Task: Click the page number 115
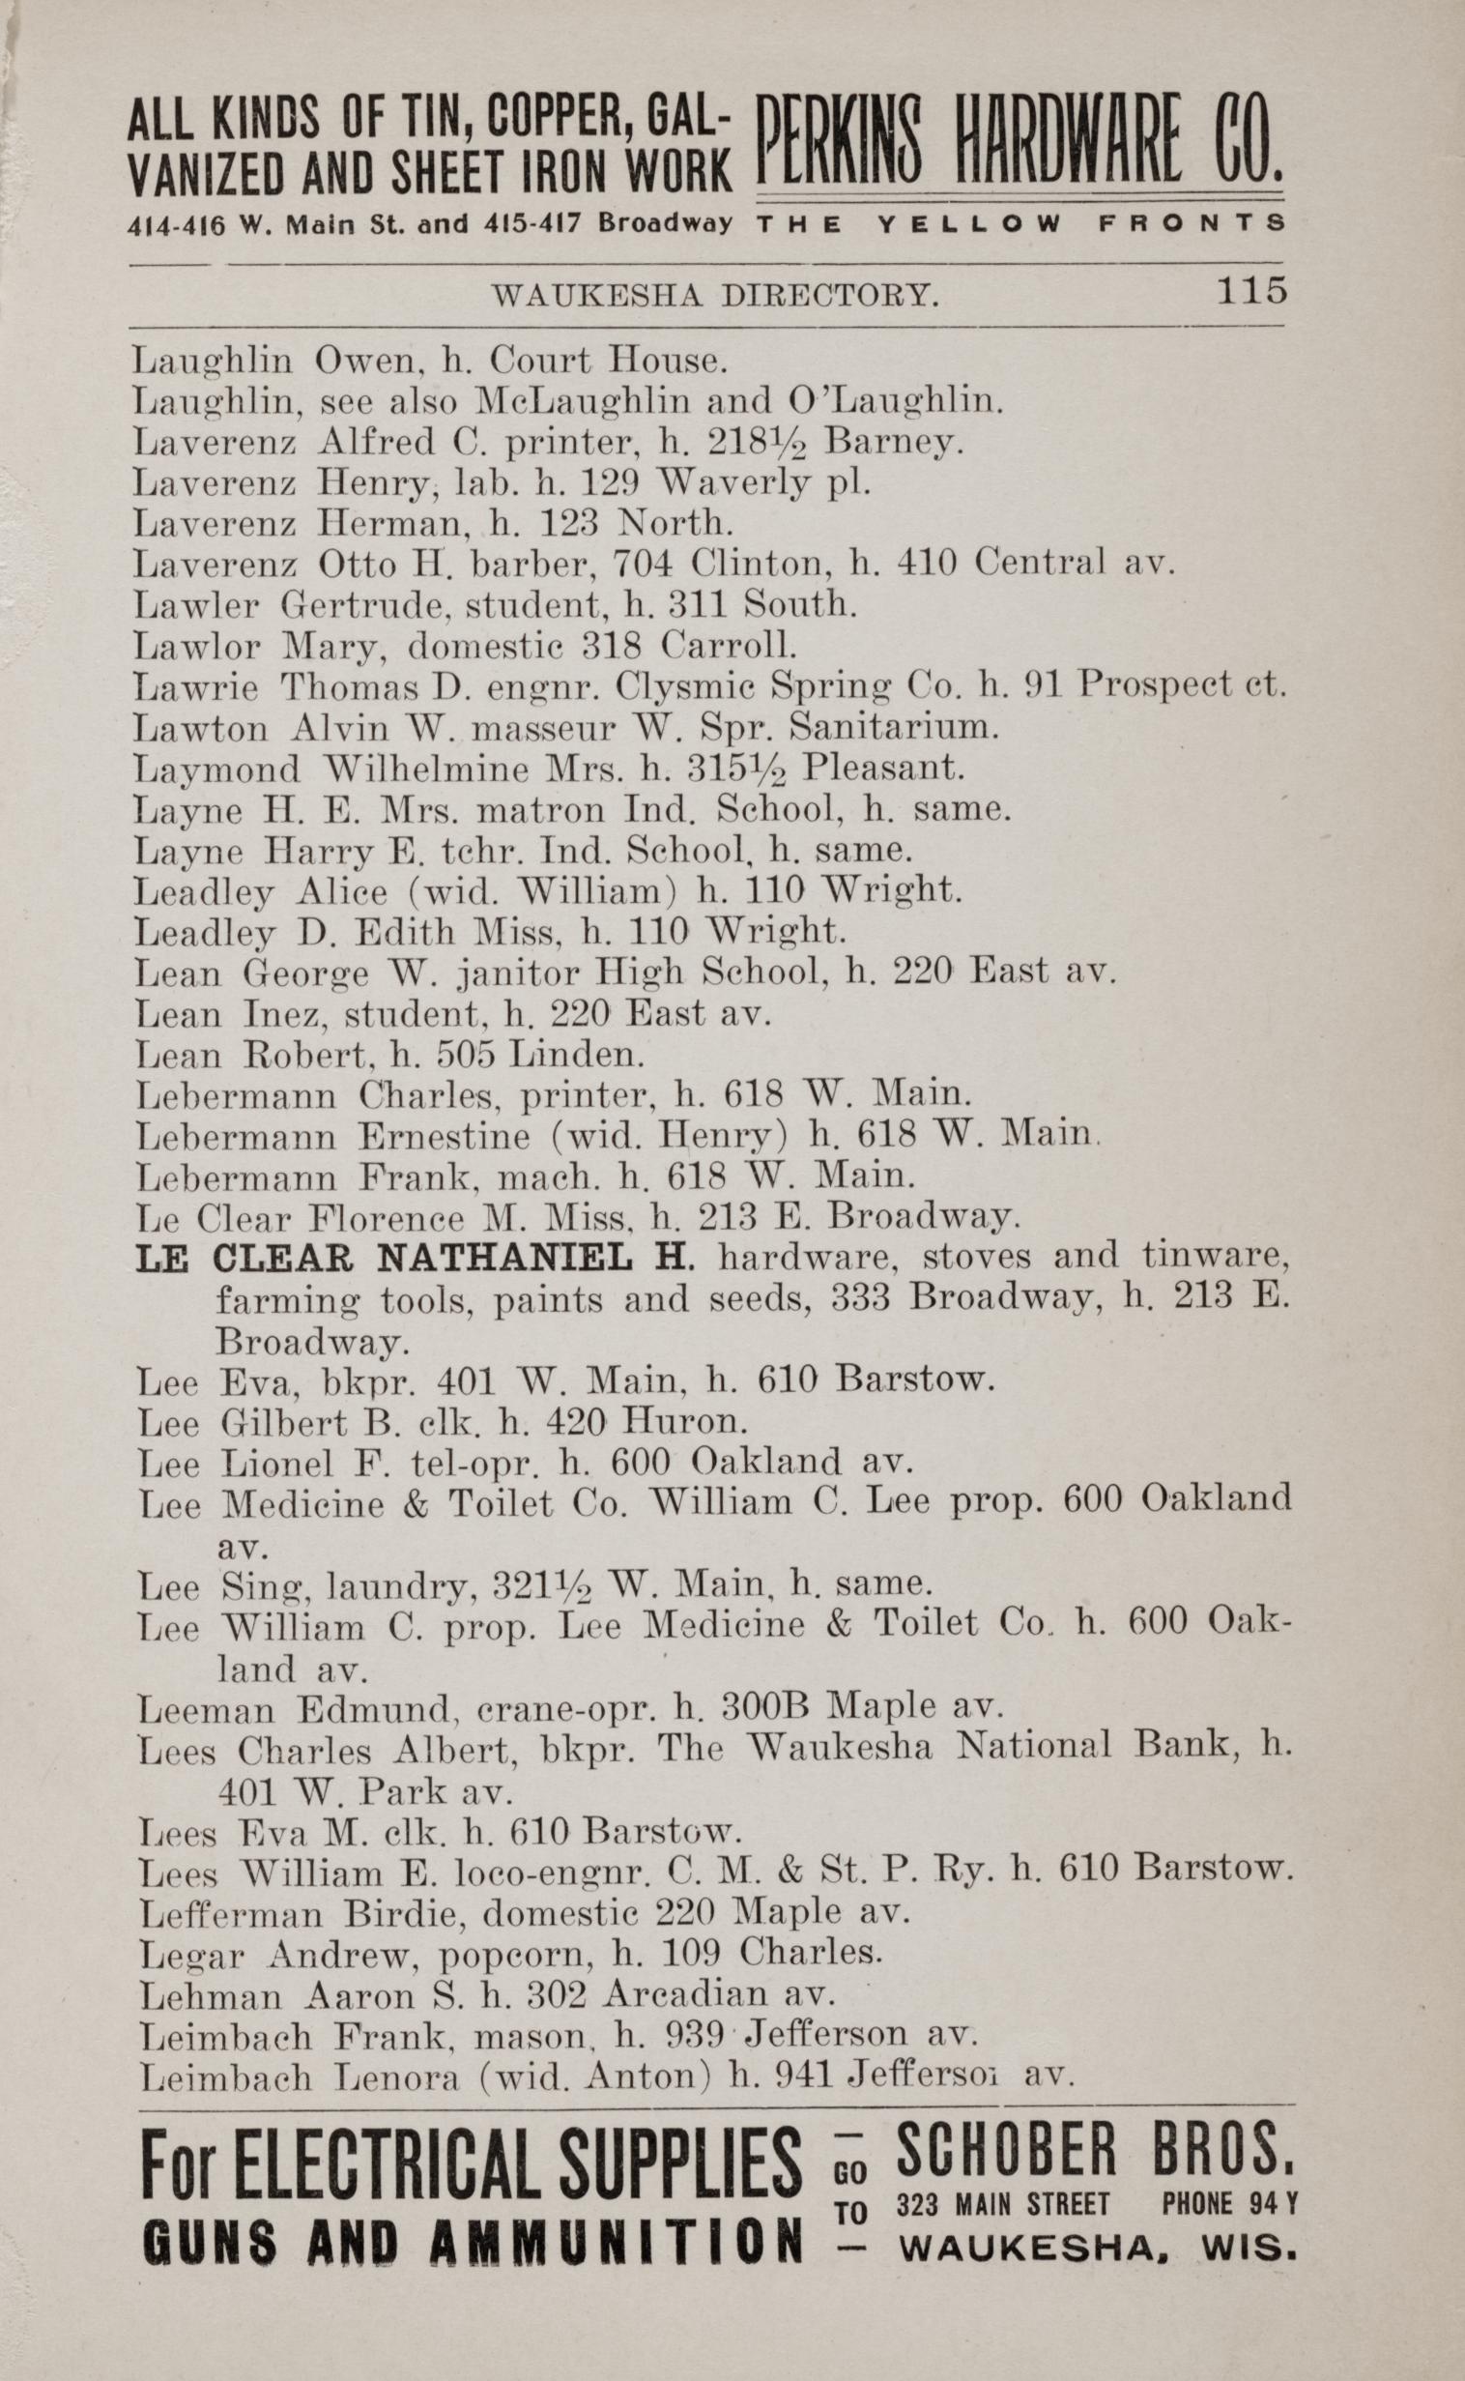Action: click(x=1250, y=290)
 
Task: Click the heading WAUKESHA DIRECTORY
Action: click(x=715, y=295)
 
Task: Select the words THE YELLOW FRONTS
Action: click(x=1020, y=223)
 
